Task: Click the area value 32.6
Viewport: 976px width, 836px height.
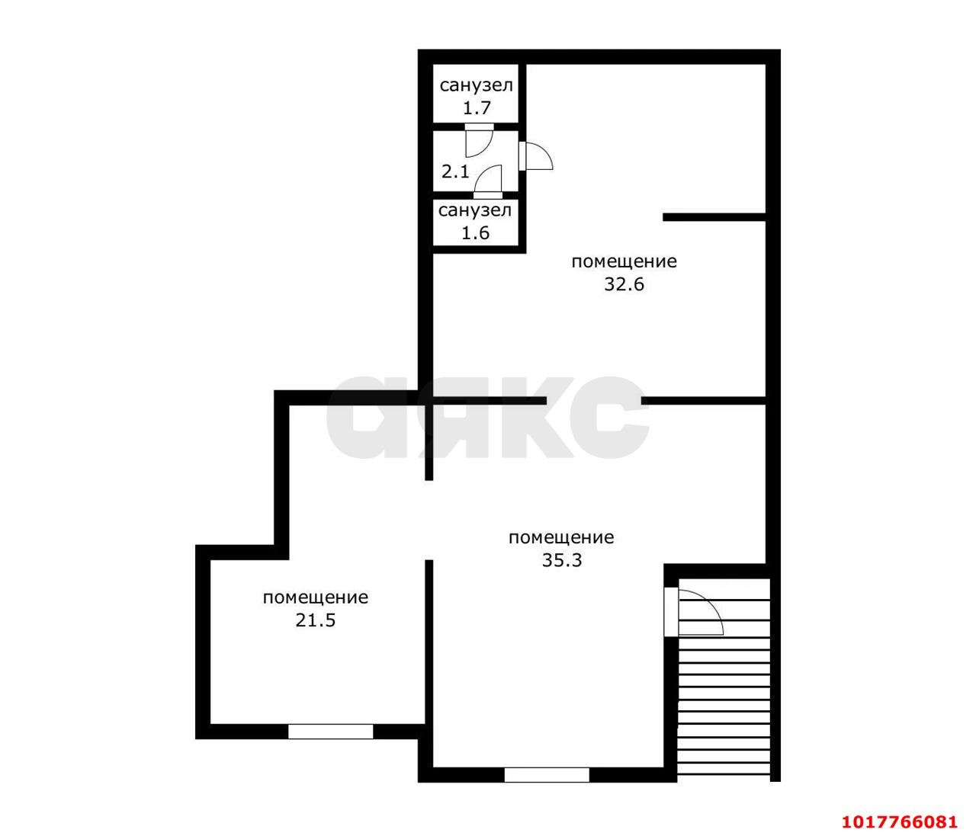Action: tap(624, 284)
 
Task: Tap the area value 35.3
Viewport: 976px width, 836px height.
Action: tap(561, 560)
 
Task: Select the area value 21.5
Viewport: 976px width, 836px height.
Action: tap(316, 620)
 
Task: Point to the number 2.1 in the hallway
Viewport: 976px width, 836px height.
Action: tap(455, 171)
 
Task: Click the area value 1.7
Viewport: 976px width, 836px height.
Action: tap(477, 108)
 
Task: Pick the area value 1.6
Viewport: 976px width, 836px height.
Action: tap(475, 232)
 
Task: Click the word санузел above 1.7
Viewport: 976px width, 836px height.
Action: tap(476, 85)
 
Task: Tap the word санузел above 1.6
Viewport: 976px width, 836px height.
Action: tap(474, 210)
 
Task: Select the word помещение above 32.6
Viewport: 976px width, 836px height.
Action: tap(624, 261)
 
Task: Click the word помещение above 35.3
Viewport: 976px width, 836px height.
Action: tap(561, 537)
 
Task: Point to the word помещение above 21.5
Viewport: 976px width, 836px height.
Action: tap(316, 597)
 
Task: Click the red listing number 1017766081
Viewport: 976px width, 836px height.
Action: tap(900, 809)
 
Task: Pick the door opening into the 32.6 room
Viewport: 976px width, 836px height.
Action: tap(535, 155)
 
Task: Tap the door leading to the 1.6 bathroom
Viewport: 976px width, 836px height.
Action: tap(487, 181)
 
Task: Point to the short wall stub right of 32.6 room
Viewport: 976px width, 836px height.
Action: tap(714, 217)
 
